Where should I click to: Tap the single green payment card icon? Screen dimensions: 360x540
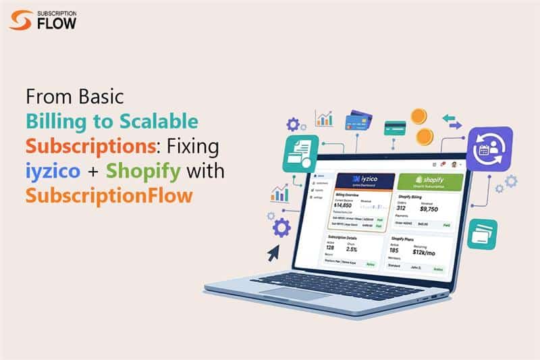point(395,127)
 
